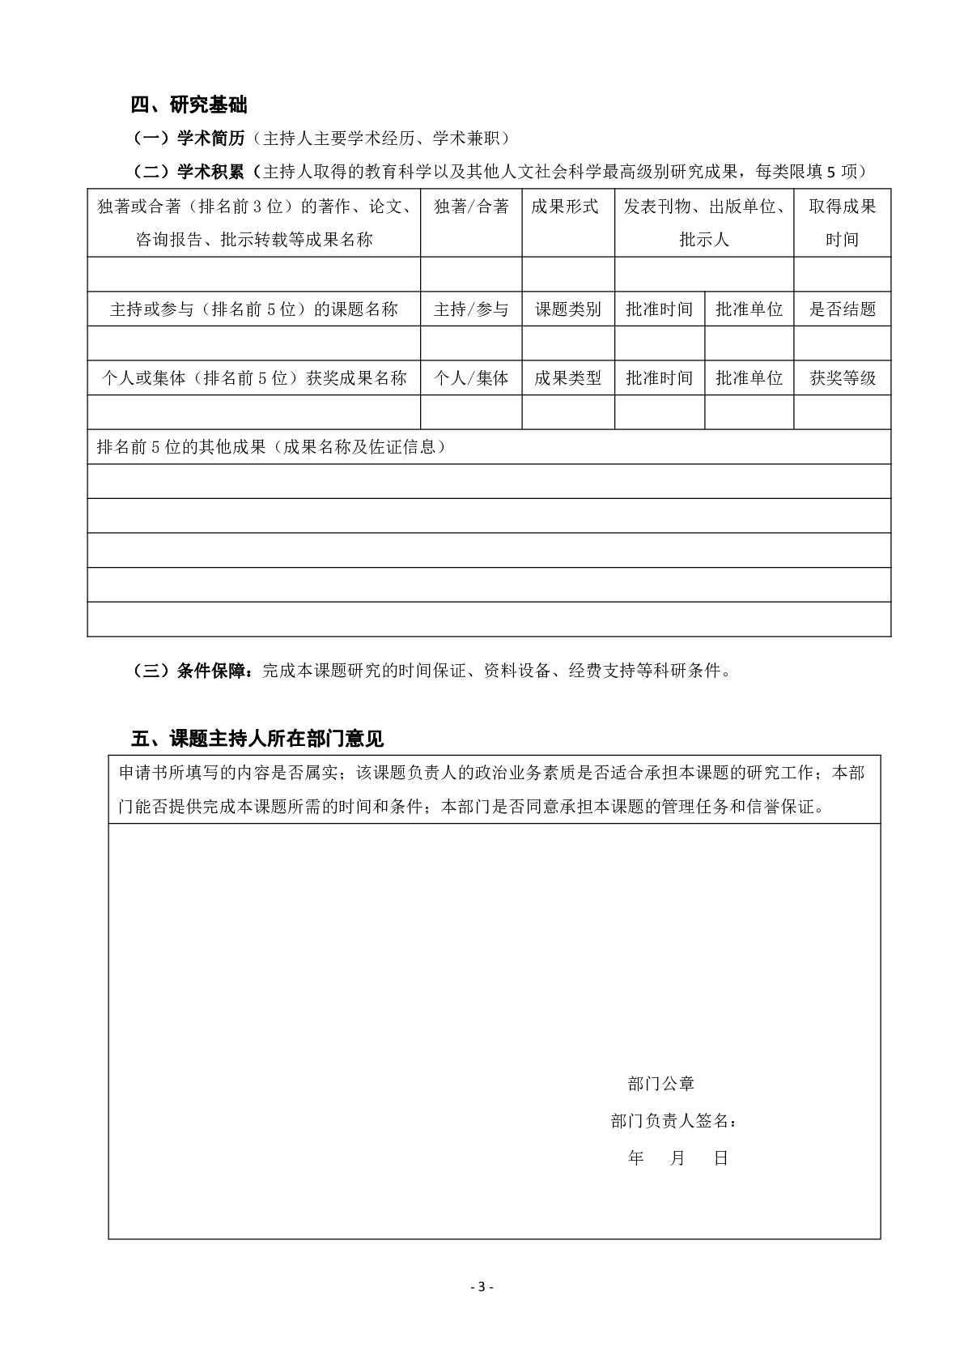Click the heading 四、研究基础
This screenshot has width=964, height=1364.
coord(189,104)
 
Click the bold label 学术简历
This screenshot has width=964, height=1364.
coord(210,139)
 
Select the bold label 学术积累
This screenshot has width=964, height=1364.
coord(210,172)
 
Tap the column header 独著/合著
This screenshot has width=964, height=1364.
coord(471,207)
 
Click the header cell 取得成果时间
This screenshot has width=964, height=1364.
coord(842,223)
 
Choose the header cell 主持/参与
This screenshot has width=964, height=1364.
coord(471,309)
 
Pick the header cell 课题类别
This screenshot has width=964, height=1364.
coord(568,309)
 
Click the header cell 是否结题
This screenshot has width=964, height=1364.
coord(843,309)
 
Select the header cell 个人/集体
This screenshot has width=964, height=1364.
coord(471,378)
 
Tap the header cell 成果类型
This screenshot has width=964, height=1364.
coord(568,378)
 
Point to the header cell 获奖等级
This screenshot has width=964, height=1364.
coord(843,378)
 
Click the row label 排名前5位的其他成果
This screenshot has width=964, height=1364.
coord(271,447)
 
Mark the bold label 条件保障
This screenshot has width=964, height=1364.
coord(214,671)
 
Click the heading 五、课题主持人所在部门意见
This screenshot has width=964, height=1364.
coord(257,739)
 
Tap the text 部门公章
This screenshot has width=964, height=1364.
coord(660,1084)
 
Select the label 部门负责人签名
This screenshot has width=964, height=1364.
coord(673,1121)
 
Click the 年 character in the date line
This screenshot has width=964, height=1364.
coord(636,1158)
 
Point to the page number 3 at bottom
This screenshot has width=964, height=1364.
coord(481,1287)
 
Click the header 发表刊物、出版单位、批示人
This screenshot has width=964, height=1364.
coord(704,223)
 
